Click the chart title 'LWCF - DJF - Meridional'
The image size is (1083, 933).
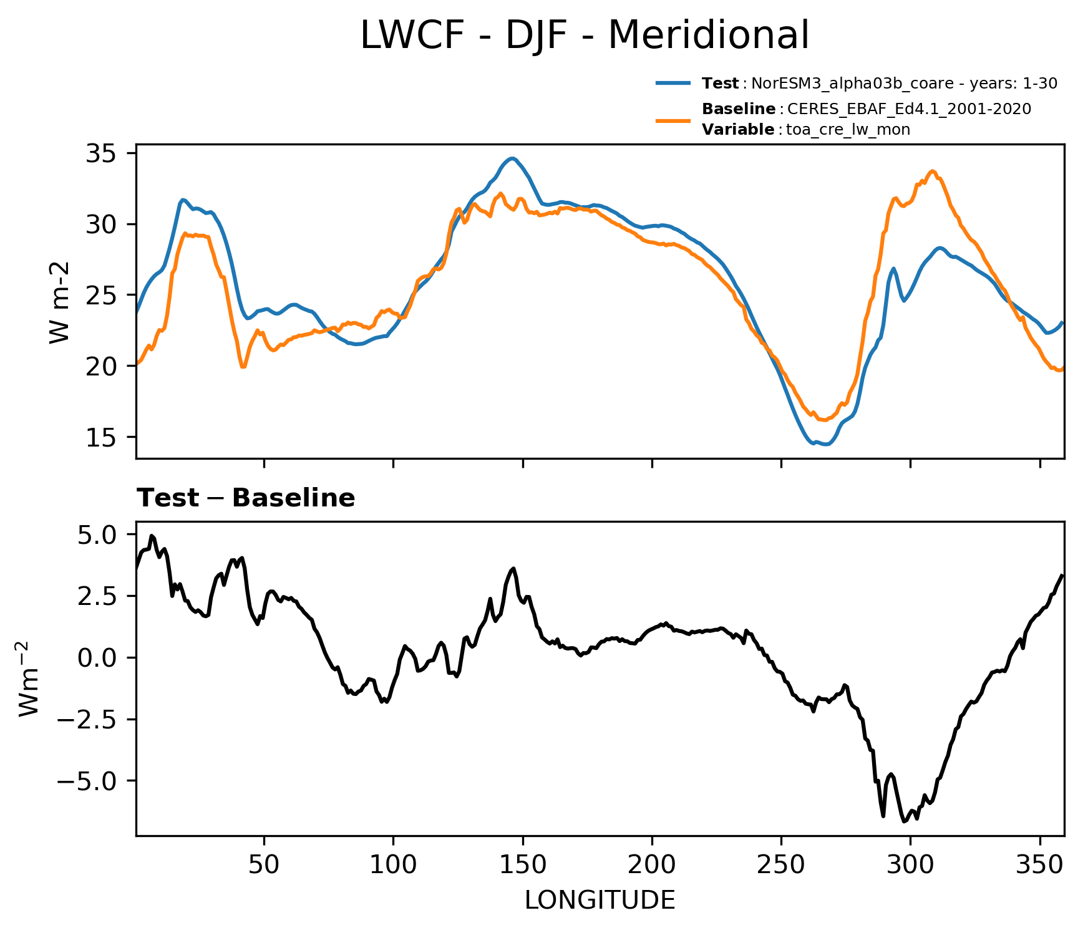coord(585,35)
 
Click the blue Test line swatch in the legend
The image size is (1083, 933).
coord(673,83)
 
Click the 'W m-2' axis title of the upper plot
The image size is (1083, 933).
coord(59,302)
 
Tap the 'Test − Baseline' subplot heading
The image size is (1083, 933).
coord(246,498)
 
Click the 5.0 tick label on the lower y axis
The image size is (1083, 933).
coord(97,534)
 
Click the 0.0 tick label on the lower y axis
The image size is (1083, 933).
coord(97,657)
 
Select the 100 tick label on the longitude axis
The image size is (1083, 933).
coord(393,864)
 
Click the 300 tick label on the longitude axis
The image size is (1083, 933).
coord(910,864)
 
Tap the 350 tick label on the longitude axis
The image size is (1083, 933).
coord(1039,864)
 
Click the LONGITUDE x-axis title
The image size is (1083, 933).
coord(600,900)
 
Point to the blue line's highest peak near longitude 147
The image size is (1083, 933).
coord(512,158)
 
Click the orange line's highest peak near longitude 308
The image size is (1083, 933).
coord(933,171)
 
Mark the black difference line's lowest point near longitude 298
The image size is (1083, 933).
coord(904,821)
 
